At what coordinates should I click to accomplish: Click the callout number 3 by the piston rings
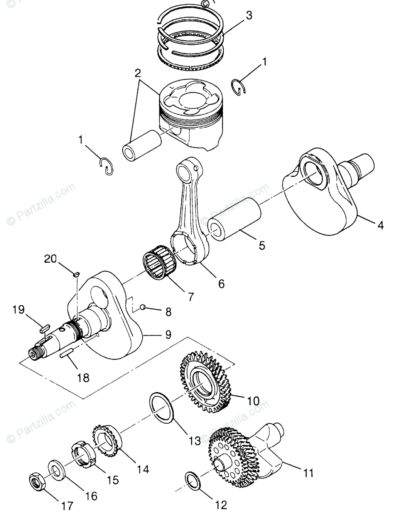[x=249, y=16]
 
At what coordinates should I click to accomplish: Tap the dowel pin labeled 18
[x=68, y=354]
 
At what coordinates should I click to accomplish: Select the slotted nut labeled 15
[x=82, y=454]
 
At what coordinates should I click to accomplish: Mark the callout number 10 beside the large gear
[x=253, y=400]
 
